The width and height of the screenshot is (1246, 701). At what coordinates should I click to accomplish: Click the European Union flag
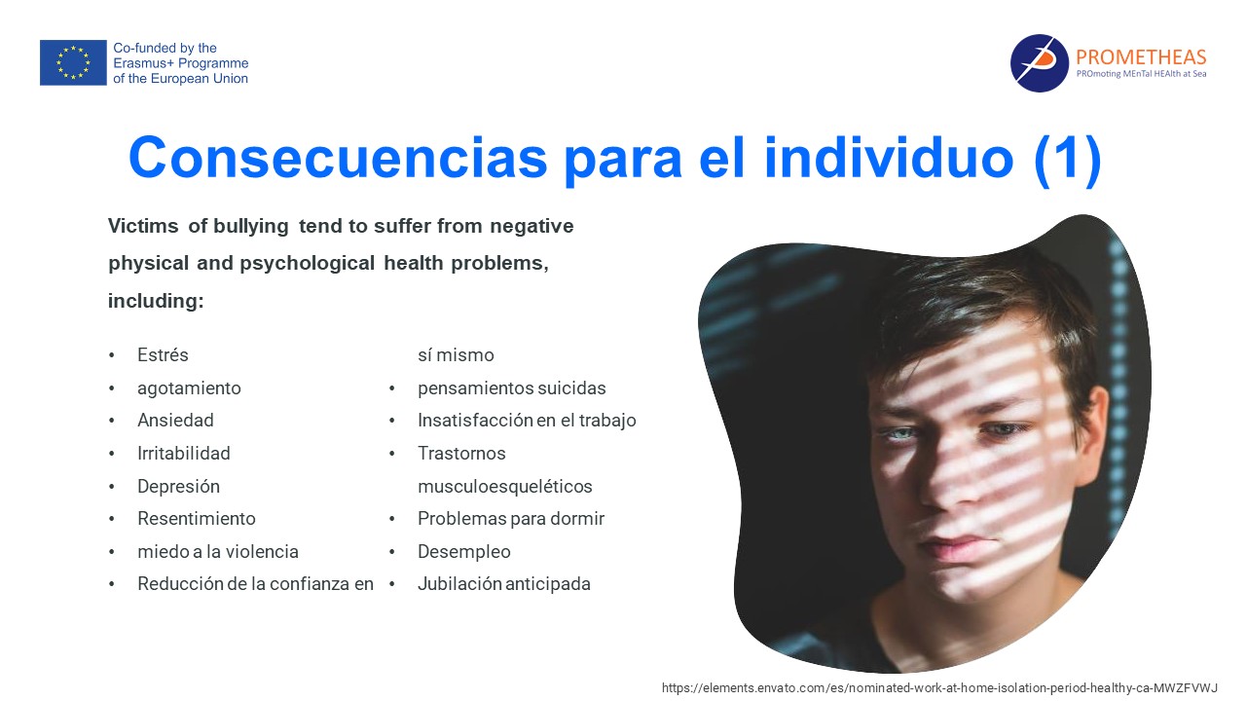[73, 62]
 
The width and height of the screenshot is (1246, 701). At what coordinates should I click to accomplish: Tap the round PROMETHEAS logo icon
[1039, 63]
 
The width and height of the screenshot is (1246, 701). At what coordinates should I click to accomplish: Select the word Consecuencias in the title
[338, 158]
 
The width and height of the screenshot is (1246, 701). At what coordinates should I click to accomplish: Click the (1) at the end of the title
[1068, 161]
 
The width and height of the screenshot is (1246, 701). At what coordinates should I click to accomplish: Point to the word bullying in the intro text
[251, 227]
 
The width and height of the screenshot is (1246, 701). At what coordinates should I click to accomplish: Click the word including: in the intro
[156, 301]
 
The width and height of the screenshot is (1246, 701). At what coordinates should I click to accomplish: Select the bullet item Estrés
[163, 355]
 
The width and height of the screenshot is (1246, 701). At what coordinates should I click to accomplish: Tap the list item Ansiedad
[175, 420]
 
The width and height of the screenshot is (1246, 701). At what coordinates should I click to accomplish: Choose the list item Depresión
[178, 486]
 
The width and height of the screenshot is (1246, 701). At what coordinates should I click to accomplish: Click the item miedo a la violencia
[218, 551]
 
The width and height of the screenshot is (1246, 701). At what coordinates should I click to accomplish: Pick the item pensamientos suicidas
[512, 387]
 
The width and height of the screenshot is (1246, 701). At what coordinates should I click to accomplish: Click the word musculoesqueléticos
[505, 486]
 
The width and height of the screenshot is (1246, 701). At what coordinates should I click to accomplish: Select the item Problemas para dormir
[511, 519]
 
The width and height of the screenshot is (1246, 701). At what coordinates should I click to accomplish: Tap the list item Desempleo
[464, 551]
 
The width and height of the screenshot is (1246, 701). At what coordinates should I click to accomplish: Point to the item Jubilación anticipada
[504, 584]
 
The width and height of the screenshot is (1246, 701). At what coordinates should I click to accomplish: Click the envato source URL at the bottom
[939, 687]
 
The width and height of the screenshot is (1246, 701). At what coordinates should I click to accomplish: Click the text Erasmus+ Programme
[181, 63]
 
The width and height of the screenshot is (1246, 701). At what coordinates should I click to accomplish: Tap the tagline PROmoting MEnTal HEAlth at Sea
[1141, 73]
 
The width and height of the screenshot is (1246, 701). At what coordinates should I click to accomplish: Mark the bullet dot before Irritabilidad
[112, 454]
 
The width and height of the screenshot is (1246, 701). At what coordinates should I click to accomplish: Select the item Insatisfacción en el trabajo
[527, 420]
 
